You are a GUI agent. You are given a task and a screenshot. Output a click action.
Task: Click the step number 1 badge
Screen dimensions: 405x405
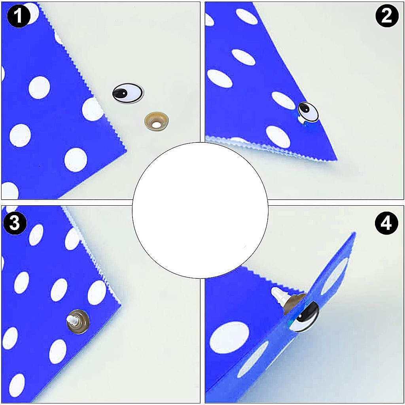tap(18, 16)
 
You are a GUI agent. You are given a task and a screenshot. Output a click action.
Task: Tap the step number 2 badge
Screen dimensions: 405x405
tap(387, 16)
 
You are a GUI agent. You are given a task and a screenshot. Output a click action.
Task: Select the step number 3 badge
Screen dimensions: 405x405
tap(15, 223)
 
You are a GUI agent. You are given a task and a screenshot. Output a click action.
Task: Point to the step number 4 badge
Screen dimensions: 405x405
tap(386, 223)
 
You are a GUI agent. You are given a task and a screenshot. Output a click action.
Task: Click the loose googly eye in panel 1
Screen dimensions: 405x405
tap(128, 93)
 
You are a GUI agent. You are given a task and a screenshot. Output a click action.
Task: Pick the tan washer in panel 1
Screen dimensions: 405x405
tap(156, 121)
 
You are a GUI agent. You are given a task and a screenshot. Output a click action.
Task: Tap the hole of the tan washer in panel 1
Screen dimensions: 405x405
tap(156, 125)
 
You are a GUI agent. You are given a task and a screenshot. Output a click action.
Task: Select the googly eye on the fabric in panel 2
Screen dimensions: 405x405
tap(307, 112)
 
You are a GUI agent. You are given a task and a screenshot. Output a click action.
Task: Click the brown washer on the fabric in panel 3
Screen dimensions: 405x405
tap(78, 322)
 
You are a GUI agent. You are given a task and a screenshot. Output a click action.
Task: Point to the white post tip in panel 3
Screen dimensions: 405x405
tap(72, 320)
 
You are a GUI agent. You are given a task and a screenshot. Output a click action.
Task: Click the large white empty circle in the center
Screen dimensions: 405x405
tap(200, 210)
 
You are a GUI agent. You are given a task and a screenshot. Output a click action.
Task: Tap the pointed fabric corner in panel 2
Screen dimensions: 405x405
tap(337, 159)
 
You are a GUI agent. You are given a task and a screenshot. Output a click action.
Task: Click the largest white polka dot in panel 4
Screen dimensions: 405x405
tap(229, 338)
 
